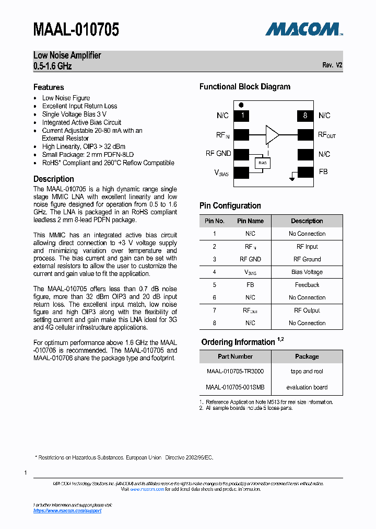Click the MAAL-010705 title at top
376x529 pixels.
pos(76,30)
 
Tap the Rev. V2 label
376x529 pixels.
pos(332,66)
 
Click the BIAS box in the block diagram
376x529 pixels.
pos(263,163)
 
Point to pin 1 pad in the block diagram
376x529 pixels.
pos(242,116)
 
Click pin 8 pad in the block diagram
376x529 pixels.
pos(305,116)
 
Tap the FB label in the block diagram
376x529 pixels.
pos(323,171)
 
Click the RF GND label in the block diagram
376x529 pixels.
pos(218,153)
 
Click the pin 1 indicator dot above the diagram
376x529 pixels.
pos(241,105)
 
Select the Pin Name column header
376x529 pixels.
pos(250,221)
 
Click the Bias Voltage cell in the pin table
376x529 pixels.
pos(307,272)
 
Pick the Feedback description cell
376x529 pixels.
pos(307,285)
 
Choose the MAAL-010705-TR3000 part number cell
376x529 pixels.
pos(235,371)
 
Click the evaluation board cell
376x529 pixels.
pos(307,387)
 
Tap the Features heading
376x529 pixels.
pos(49,87)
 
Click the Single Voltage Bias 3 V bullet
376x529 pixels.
pos(74,114)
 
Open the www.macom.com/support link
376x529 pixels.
pos(67,511)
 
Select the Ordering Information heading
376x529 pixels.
pos(238,342)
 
